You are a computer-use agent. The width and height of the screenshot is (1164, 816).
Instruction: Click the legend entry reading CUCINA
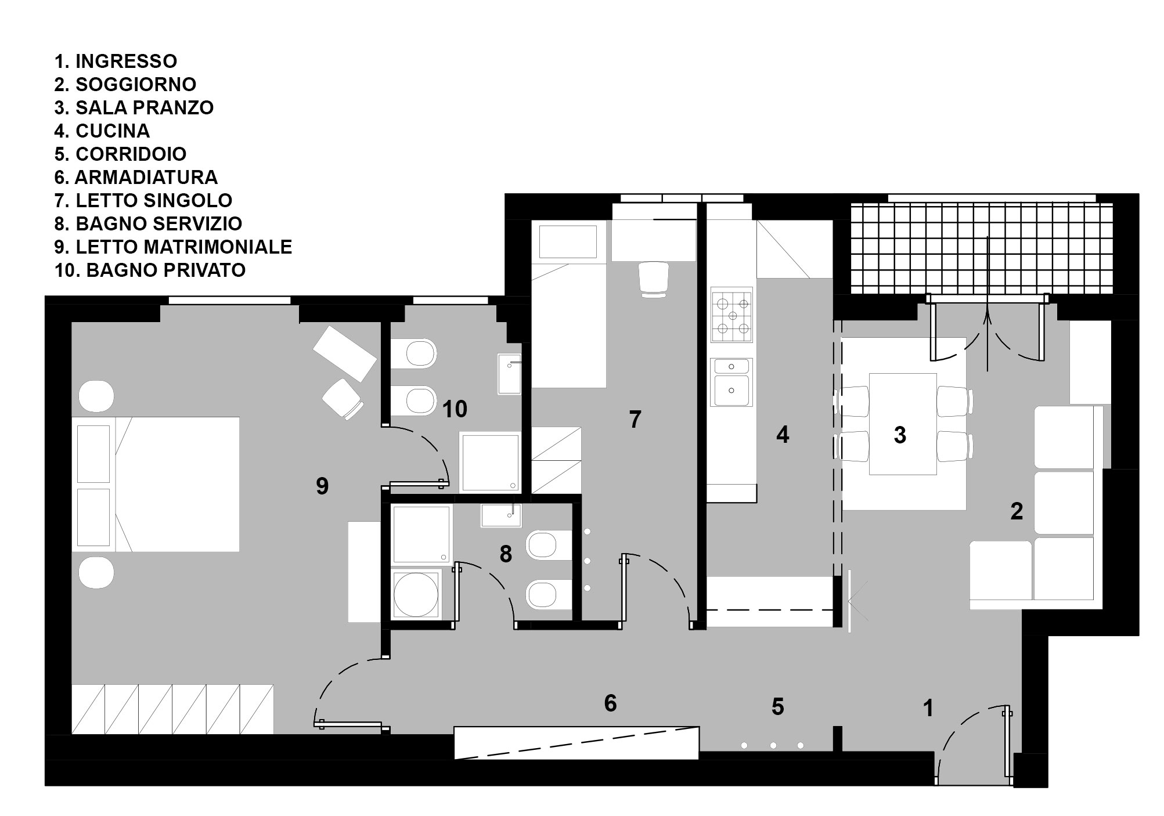[x=102, y=131]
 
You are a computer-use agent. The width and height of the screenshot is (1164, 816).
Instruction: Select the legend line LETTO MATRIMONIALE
[x=173, y=247]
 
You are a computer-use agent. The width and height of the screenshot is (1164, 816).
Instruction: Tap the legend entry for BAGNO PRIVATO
[x=150, y=270]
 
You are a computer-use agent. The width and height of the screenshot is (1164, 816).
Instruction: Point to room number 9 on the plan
[x=322, y=486]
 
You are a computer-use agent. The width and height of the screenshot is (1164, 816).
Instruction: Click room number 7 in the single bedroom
[x=635, y=419]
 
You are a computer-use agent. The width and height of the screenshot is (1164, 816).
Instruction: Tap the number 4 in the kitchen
[x=783, y=435]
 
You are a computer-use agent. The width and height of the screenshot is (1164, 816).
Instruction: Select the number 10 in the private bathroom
[x=455, y=409]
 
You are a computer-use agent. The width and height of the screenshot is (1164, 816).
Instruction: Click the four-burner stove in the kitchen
[x=731, y=315]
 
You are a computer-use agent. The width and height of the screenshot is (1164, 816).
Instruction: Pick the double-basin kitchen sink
[x=731, y=382]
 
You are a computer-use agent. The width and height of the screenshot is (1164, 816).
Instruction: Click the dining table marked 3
[x=903, y=424]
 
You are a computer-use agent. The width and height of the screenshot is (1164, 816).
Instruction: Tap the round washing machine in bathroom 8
[x=416, y=594]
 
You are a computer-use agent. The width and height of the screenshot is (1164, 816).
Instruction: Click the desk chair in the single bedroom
[x=654, y=279]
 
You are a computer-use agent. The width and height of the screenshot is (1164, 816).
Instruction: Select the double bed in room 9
[x=156, y=484]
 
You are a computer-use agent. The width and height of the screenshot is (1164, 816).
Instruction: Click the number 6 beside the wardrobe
[x=610, y=703]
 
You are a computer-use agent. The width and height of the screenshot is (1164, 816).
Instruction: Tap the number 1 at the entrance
[x=928, y=707]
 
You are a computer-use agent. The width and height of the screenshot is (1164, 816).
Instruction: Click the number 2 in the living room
[x=1017, y=511]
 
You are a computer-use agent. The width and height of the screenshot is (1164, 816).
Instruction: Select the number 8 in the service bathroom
[x=506, y=554]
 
